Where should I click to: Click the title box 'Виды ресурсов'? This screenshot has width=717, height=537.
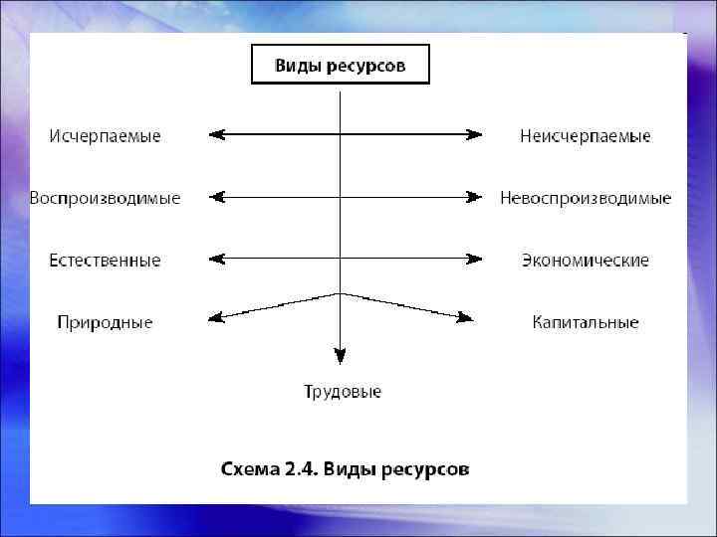pos(340,66)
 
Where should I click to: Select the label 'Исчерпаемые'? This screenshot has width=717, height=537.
pos(105,135)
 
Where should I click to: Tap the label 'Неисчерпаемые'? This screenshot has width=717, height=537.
pos(585,135)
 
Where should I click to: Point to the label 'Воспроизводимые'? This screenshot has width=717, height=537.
pos(105,198)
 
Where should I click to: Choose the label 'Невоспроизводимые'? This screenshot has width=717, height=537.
pos(585,198)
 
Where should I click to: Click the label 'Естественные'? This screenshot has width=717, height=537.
pos(105,261)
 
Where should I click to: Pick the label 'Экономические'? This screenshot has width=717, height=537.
pos(585,261)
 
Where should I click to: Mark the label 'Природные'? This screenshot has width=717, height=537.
pos(105,322)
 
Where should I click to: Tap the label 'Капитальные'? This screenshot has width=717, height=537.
pos(585,322)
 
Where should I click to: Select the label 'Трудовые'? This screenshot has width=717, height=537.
pos(342,392)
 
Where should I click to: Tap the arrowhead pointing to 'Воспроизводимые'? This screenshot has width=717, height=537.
pos(216,197)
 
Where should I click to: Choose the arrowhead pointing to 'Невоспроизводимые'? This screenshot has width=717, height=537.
pos(475,197)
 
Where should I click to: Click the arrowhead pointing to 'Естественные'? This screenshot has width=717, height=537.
pos(216,260)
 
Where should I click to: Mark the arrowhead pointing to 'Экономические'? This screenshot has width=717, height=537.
pos(475,260)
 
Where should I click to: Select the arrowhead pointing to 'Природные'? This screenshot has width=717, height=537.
pos(215,318)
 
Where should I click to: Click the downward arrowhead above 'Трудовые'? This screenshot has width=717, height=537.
pos(340,355)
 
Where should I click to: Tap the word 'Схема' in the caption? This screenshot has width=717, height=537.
pos(249,467)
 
